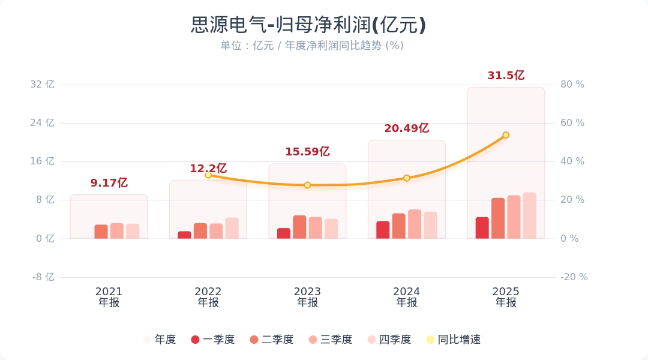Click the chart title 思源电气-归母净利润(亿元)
[x=308, y=25]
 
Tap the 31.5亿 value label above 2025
[x=506, y=76]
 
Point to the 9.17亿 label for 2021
[x=109, y=183]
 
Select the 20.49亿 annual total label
[x=406, y=128]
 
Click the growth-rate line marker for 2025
[x=506, y=135]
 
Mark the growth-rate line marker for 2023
[x=307, y=185]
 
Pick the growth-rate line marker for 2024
[x=407, y=178]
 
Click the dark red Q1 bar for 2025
[x=482, y=228]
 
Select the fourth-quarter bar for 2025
[x=530, y=216]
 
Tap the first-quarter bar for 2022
[x=184, y=235]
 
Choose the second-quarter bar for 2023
[x=299, y=227]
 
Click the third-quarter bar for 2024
[x=415, y=224]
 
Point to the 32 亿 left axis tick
[x=42, y=85]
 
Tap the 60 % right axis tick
[x=572, y=123]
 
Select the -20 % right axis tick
[x=574, y=277]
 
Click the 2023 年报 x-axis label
[x=307, y=297]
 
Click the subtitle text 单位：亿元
[x=247, y=46]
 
